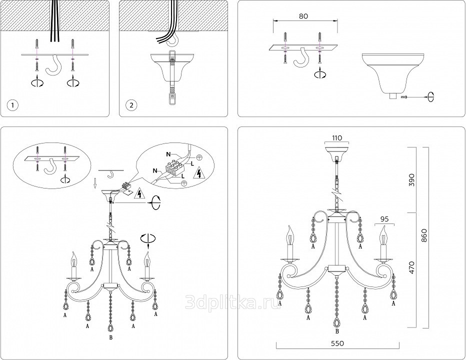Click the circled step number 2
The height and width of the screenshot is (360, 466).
(x=131, y=105)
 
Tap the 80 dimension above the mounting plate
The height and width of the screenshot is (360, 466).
(x=303, y=16)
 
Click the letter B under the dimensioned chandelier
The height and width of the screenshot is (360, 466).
(x=338, y=330)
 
